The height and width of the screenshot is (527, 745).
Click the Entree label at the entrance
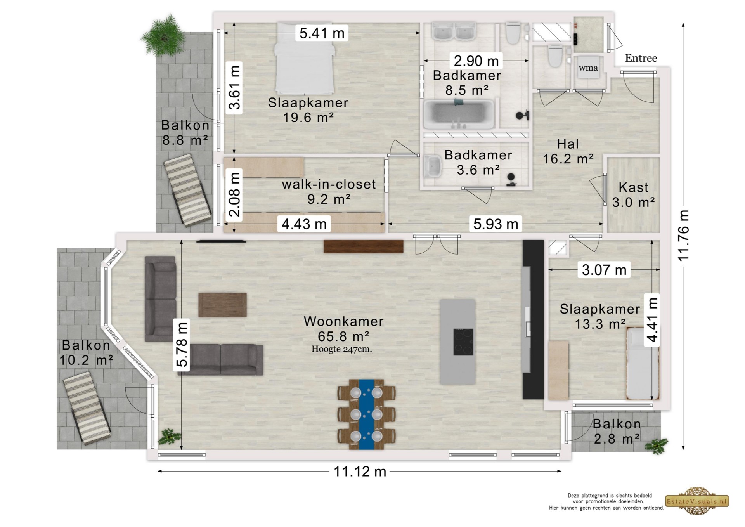[641, 58]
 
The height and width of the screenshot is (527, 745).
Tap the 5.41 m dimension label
[322, 33]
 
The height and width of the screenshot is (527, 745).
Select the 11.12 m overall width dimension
[360, 472]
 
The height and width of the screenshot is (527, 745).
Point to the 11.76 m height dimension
[683, 236]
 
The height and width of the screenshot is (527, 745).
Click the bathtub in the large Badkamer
[459, 114]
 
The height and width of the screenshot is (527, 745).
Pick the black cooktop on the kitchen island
[463, 342]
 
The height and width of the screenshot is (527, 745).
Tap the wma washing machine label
[588, 68]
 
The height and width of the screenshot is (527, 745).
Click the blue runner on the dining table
[366, 414]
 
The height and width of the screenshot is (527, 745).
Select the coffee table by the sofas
[223, 305]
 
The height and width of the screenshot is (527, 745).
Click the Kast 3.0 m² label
[634, 195]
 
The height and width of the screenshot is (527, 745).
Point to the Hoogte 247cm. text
[341, 349]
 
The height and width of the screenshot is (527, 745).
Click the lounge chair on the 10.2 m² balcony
[87, 408]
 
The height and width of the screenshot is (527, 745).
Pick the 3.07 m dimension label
[604, 269]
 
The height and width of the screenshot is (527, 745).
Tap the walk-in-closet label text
[329, 184]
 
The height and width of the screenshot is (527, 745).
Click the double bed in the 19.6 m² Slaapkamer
[304, 58]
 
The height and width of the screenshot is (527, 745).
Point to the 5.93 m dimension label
[496, 224]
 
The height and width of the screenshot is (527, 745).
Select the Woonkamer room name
[344, 321]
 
